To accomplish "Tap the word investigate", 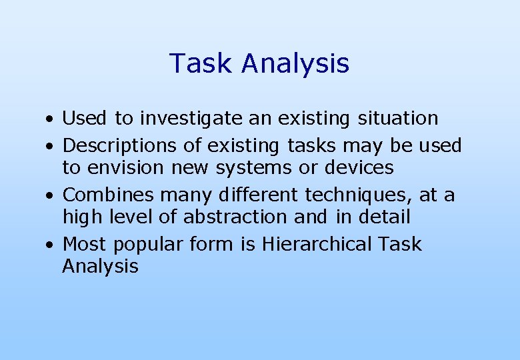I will click(181, 119).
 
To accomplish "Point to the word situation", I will click(398, 119).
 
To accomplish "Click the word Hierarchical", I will click(317, 244).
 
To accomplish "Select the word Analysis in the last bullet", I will click(100, 267).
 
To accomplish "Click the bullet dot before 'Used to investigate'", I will click(50, 121).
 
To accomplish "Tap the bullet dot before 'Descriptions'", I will click(50, 147).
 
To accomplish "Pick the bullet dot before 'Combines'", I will click(50, 197).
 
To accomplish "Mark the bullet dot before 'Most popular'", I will click(50, 246).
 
